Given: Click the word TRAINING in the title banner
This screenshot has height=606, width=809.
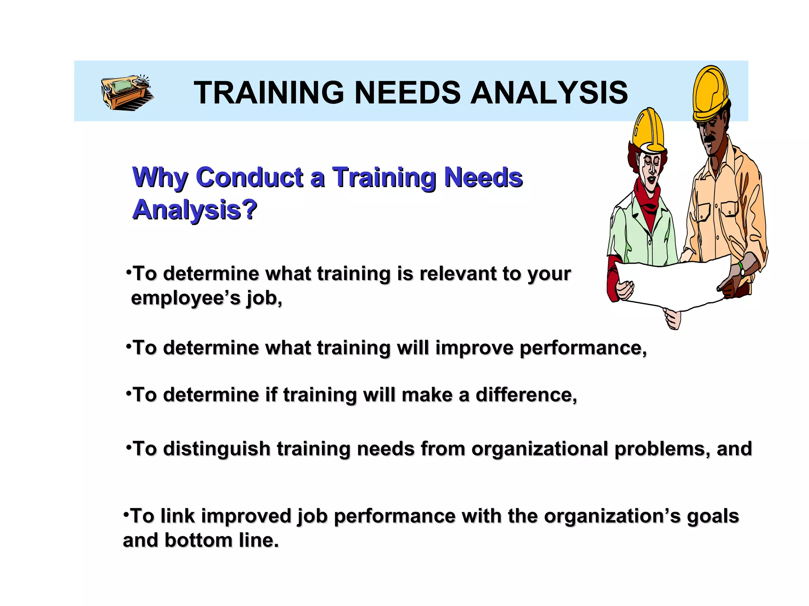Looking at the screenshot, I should [269, 93].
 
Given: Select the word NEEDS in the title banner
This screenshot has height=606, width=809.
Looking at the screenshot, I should [407, 93].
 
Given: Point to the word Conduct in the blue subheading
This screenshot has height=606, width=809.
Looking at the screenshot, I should [249, 177].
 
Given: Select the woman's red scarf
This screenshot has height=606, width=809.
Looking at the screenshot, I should [648, 201].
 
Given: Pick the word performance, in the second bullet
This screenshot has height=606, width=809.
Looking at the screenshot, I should [583, 348].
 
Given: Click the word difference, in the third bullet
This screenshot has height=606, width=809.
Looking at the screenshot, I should [526, 395].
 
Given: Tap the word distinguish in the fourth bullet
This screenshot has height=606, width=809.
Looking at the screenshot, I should [216, 449].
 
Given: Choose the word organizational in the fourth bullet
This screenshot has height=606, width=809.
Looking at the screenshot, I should [540, 449].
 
